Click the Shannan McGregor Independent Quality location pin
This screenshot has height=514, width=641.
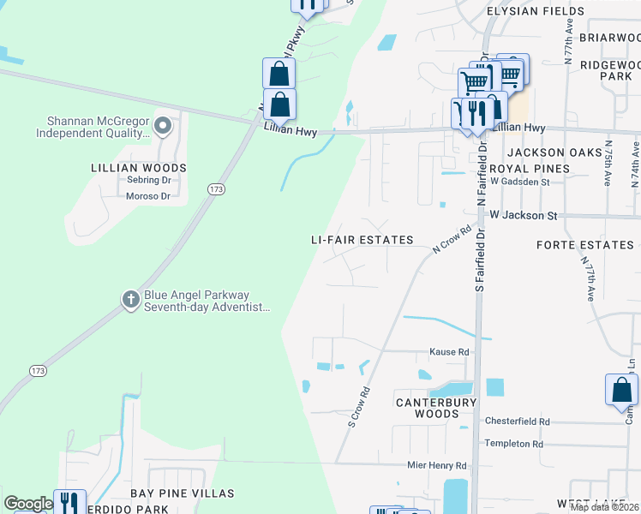click(164, 128)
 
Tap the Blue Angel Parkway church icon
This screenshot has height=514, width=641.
click(130, 300)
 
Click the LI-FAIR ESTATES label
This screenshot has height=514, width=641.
click(362, 241)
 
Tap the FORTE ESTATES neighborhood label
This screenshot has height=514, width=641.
click(584, 245)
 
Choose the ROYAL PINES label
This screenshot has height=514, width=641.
click(533, 169)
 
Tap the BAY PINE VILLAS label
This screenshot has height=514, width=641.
click(182, 493)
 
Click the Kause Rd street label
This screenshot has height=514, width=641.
click(450, 352)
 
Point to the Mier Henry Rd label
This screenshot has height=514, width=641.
click(438, 466)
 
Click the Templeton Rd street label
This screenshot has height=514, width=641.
click(514, 444)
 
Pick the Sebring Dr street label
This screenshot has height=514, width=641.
click(149, 181)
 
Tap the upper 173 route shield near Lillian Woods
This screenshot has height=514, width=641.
click(216, 188)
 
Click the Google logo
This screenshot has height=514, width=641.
click(28, 504)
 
